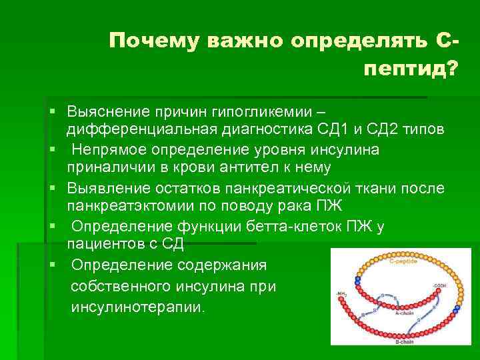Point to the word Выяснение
pyautogui.click(x=107, y=111)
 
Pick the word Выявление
pyautogui.click(x=105, y=187)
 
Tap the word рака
pyautogui.click(x=297, y=205)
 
